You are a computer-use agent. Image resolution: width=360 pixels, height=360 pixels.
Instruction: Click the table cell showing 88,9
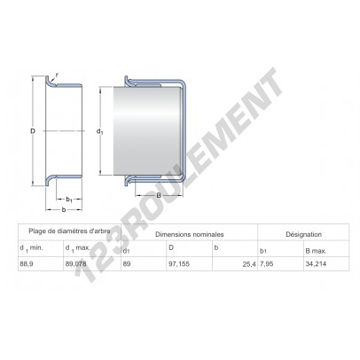tap(27, 264)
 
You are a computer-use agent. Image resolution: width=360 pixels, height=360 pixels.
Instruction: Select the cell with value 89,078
tap(75, 264)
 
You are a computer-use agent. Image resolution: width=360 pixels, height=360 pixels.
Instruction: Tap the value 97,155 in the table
tap(180, 264)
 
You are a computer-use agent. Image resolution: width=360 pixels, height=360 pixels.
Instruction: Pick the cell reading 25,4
tap(249, 264)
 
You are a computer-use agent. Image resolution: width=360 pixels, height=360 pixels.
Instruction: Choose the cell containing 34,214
tap(316, 264)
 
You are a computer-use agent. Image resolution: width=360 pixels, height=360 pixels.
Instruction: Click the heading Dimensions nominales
tap(190, 234)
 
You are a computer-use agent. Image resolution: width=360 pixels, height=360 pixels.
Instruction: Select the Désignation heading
tap(303, 234)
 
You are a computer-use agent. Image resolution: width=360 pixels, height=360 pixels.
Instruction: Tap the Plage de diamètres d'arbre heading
tap(70, 231)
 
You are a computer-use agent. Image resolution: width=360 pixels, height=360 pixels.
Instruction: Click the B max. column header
tap(316, 251)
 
